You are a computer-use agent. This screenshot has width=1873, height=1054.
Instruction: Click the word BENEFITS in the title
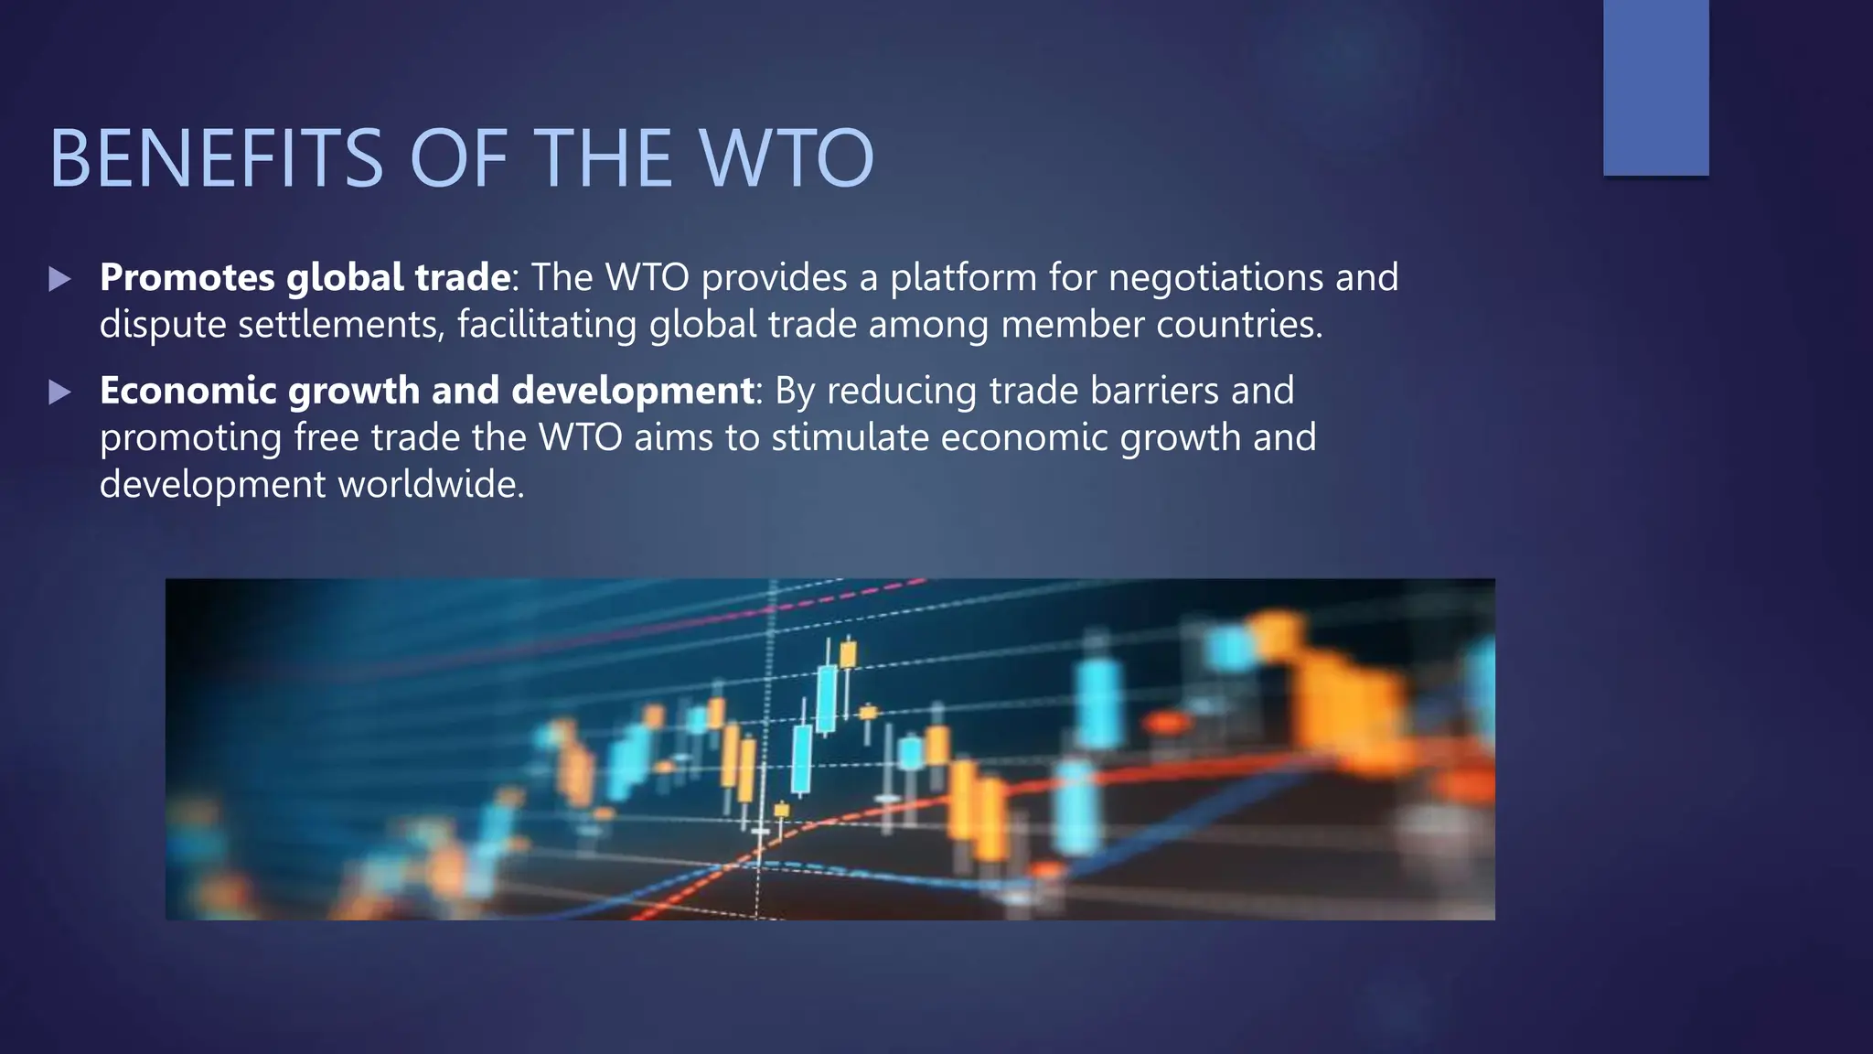pyautogui.click(x=216, y=158)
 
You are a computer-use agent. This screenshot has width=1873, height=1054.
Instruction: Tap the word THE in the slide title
pyautogui.click(x=606, y=158)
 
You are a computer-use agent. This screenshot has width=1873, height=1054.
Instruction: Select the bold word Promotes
pyautogui.click(x=187, y=277)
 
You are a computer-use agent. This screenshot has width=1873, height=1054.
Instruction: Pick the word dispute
pyautogui.click(x=163, y=325)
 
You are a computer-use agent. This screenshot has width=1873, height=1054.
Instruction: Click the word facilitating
pyautogui.click(x=547, y=325)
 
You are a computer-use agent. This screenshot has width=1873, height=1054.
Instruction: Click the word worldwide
pyautogui.click(x=431, y=484)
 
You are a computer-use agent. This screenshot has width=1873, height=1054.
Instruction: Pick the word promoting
pyautogui.click(x=190, y=438)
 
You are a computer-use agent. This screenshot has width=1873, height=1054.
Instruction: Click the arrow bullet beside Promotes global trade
pyautogui.click(x=59, y=279)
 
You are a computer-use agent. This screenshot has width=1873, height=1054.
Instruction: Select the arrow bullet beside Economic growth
pyautogui.click(x=59, y=393)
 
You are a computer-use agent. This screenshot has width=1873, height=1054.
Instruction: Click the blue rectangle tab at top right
pyautogui.click(x=1655, y=88)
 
